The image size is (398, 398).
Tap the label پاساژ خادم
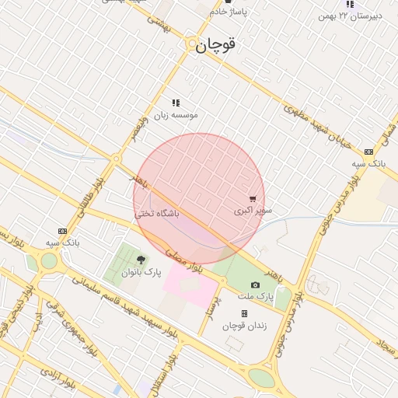[x=228, y=12]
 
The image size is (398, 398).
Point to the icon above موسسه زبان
[x=176, y=103]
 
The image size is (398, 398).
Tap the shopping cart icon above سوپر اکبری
[x=253, y=199]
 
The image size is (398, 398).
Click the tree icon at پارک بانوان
[x=141, y=260]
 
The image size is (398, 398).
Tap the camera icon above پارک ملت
[x=256, y=285]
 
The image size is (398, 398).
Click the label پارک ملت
[x=256, y=297]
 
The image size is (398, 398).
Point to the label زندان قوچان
[x=244, y=326]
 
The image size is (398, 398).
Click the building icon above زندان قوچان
[x=244, y=314]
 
